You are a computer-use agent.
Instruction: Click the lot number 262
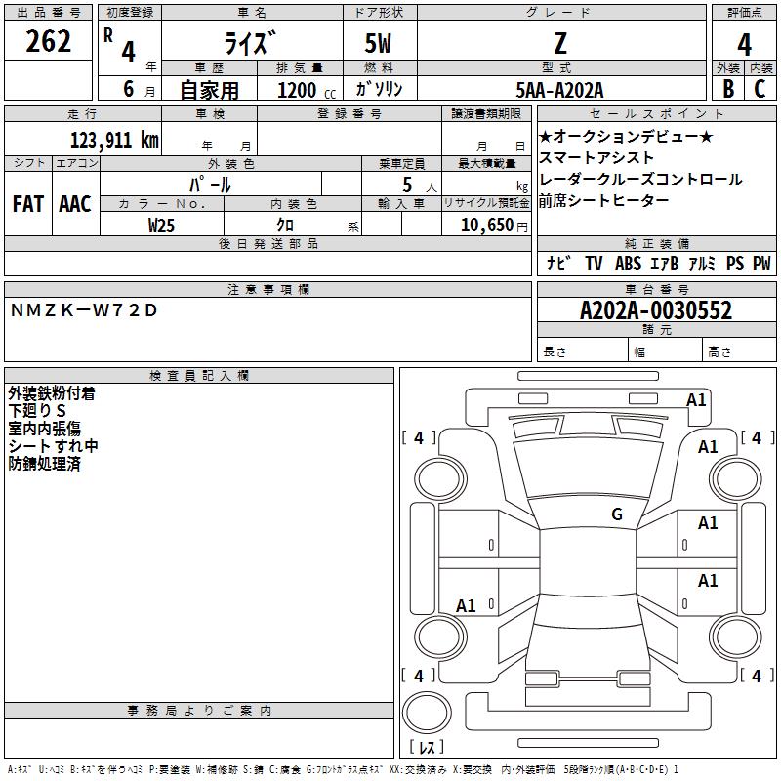(48, 41)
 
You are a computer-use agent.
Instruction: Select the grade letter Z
(560, 43)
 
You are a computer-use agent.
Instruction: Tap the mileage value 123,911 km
(114, 141)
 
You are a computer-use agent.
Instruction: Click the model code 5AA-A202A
(559, 90)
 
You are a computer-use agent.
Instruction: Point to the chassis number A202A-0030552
(656, 310)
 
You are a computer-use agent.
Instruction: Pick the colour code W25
(161, 226)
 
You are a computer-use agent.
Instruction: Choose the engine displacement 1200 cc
(307, 90)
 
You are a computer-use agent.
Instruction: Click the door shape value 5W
(378, 43)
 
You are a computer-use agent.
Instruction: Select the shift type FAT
(28, 204)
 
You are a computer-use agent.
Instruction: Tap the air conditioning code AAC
(75, 204)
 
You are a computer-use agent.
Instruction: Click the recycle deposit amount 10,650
(487, 226)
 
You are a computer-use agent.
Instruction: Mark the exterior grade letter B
(728, 89)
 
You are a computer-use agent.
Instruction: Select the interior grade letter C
(760, 89)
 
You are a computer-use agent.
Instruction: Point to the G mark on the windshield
(617, 514)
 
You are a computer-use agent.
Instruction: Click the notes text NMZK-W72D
(84, 310)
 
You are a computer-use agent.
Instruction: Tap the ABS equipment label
(628, 264)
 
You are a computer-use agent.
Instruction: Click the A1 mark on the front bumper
(696, 400)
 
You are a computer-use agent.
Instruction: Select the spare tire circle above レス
(427, 712)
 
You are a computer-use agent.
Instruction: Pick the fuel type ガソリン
(379, 89)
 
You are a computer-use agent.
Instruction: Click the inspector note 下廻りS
(37, 411)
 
